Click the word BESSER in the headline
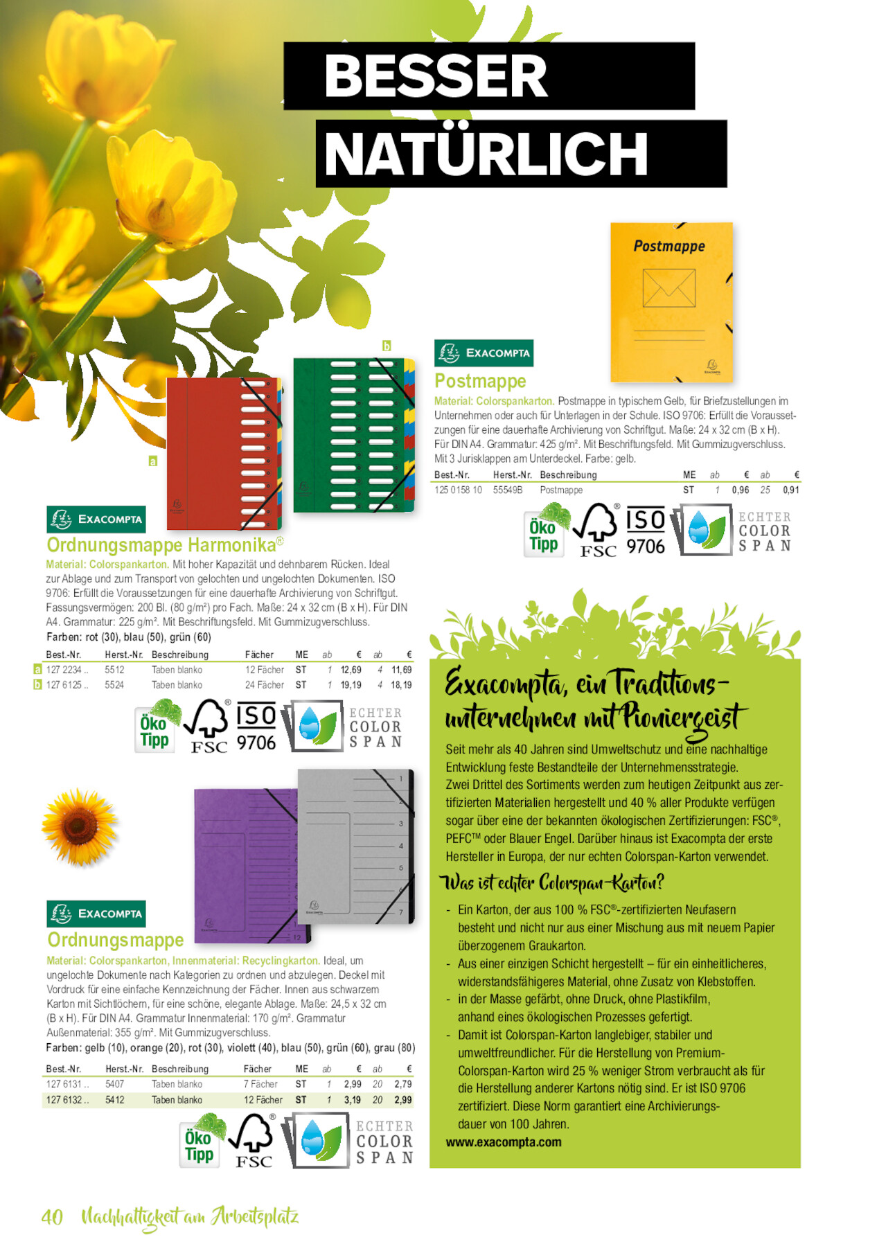coord(436,76)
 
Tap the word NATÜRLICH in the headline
coord(486,154)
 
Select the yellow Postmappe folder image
coord(671,302)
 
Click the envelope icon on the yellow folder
coord(668,287)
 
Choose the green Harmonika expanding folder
coord(353,435)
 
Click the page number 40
coord(52,1217)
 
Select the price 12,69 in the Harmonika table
coord(351,670)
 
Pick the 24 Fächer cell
coord(265,685)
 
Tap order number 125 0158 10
coord(458,490)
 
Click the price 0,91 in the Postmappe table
coord(790,490)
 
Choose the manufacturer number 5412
coord(115,1100)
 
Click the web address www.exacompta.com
coord(504,1142)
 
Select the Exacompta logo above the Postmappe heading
coord(484,353)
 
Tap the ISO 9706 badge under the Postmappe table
coord(645,531)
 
